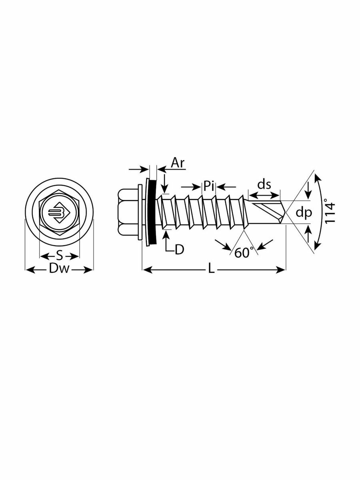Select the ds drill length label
264,184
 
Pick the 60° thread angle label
244,252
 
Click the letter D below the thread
179,249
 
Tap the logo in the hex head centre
58,212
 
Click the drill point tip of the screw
286,212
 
